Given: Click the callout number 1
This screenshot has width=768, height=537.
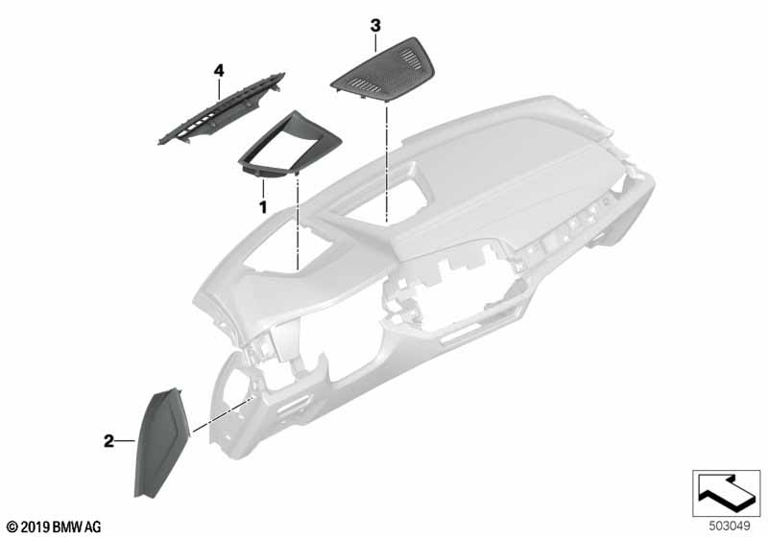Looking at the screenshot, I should (x=261, y=206).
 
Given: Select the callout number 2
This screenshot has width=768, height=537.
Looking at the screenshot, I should (x=108, y=441).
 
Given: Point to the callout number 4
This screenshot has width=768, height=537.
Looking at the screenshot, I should (x=219, y=70).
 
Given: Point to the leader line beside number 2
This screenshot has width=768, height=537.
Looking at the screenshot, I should (x=126, y=441).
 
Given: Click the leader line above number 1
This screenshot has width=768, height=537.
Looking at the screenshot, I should (x=262, y=188).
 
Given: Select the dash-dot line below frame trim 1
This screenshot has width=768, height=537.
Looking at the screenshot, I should (x=299, y=221).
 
